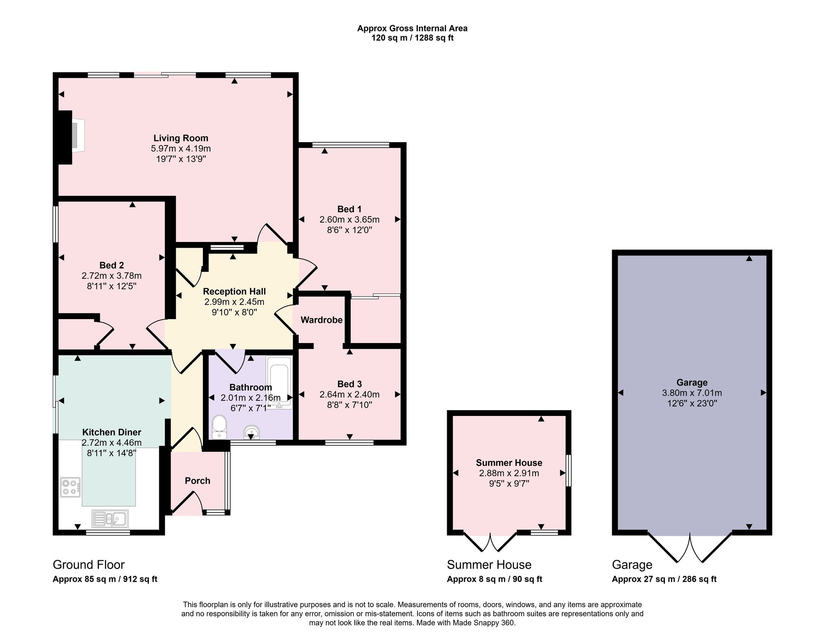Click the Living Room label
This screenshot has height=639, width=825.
coord(181,138)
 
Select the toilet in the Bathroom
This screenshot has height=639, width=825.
coord(219,427)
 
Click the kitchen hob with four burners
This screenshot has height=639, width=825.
coord(71,487)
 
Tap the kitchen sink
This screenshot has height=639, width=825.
coord(110,519)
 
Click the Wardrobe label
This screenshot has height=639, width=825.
coord(321,320)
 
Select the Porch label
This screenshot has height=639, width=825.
coord(198,481)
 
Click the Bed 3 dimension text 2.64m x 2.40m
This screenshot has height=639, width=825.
coord(349,395)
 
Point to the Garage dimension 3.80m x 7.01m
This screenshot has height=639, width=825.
coord(692,393)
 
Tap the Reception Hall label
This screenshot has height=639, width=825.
coord(234,291)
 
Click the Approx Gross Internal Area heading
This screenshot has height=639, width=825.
coord(412,28)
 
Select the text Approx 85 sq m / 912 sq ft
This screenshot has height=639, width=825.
coord(105,579)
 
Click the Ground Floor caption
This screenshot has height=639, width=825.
coord(89,565)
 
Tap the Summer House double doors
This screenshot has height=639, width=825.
coord(490,542)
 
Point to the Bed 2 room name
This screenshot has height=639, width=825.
coord(111,265)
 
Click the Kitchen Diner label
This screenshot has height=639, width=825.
coord(112,432)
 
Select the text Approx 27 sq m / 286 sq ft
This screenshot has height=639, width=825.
coord(664,579)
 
